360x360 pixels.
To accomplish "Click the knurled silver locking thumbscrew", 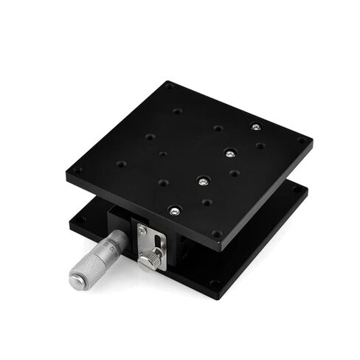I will click(x=153, y=258).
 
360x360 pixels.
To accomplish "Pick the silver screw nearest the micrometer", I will click(x=174, y=211).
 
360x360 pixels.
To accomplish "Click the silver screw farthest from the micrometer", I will click(x=255, y=127).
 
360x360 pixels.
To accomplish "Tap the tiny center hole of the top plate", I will click(x=163, y=155).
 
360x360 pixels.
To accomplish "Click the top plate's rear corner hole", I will click(x=169, y=87).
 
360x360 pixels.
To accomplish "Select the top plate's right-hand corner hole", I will click(x=301, y=139).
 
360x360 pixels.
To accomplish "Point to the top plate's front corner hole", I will click(x=217, y=235).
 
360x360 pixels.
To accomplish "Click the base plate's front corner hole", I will click(x=213, y=283).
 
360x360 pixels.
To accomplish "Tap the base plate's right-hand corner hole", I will click(x=297, y=189).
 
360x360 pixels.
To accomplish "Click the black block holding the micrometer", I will click(x=118, y=219).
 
